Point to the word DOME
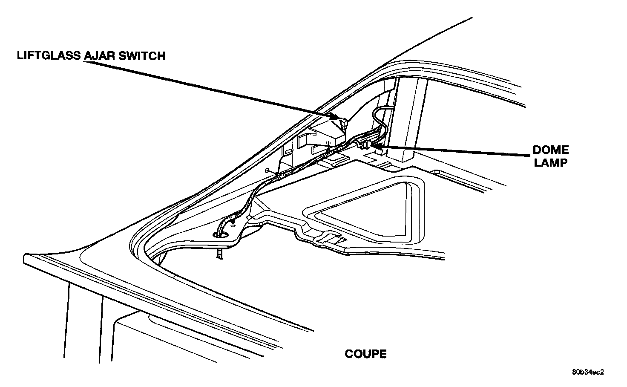click(551, 150)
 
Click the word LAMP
click(551, 162)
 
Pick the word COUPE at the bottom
click(365, 354)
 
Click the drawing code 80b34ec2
click(588, 372)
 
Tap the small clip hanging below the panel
click(219, 254)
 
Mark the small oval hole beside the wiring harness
click(267, 171)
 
